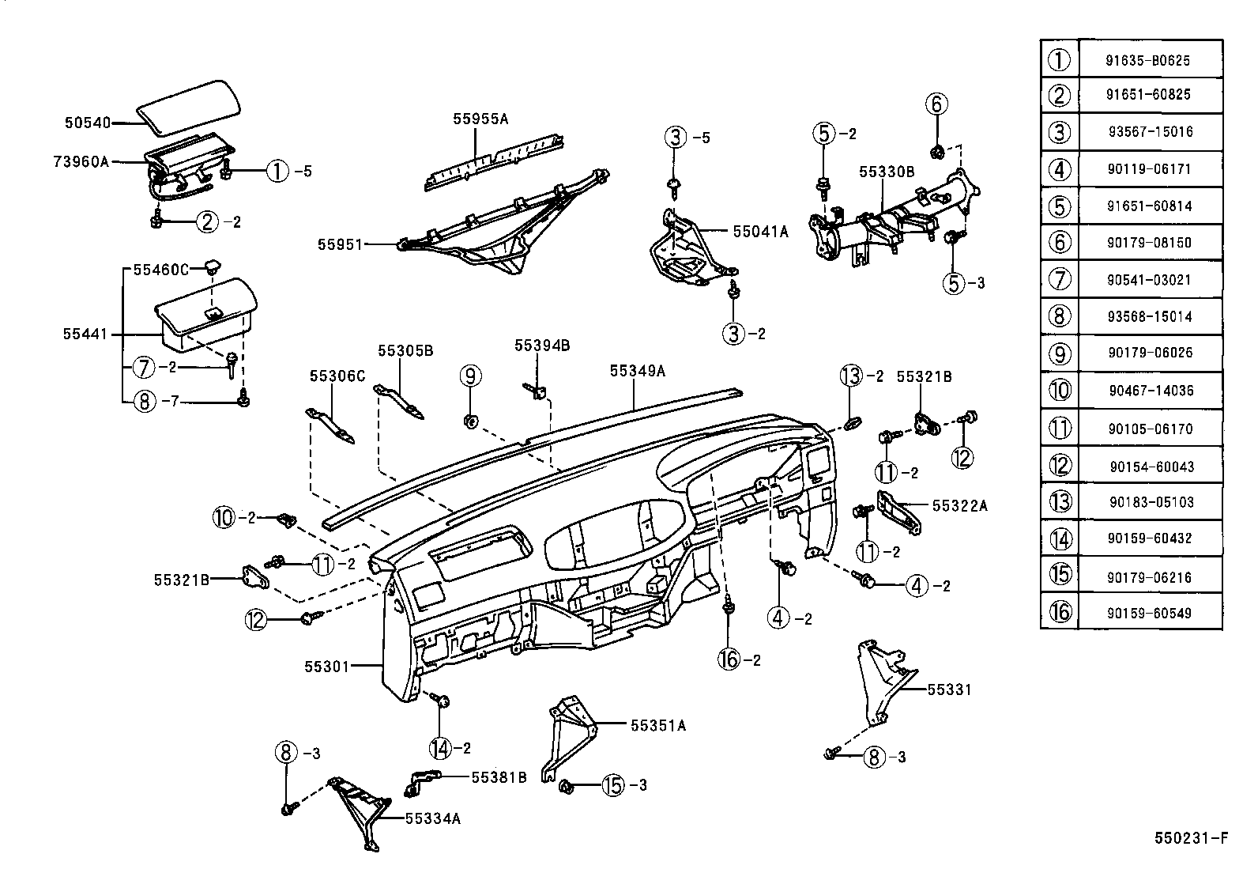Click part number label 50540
86,123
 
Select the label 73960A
81,161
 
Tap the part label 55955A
480,119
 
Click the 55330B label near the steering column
887,171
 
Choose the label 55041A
760,232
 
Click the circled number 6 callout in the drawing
936,104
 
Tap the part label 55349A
638,370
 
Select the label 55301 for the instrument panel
326,667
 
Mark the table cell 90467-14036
1151,391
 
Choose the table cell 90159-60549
1149,613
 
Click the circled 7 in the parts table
1059,279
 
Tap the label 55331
949,690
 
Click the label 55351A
658,724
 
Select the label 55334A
432,819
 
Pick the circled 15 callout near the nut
613,785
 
